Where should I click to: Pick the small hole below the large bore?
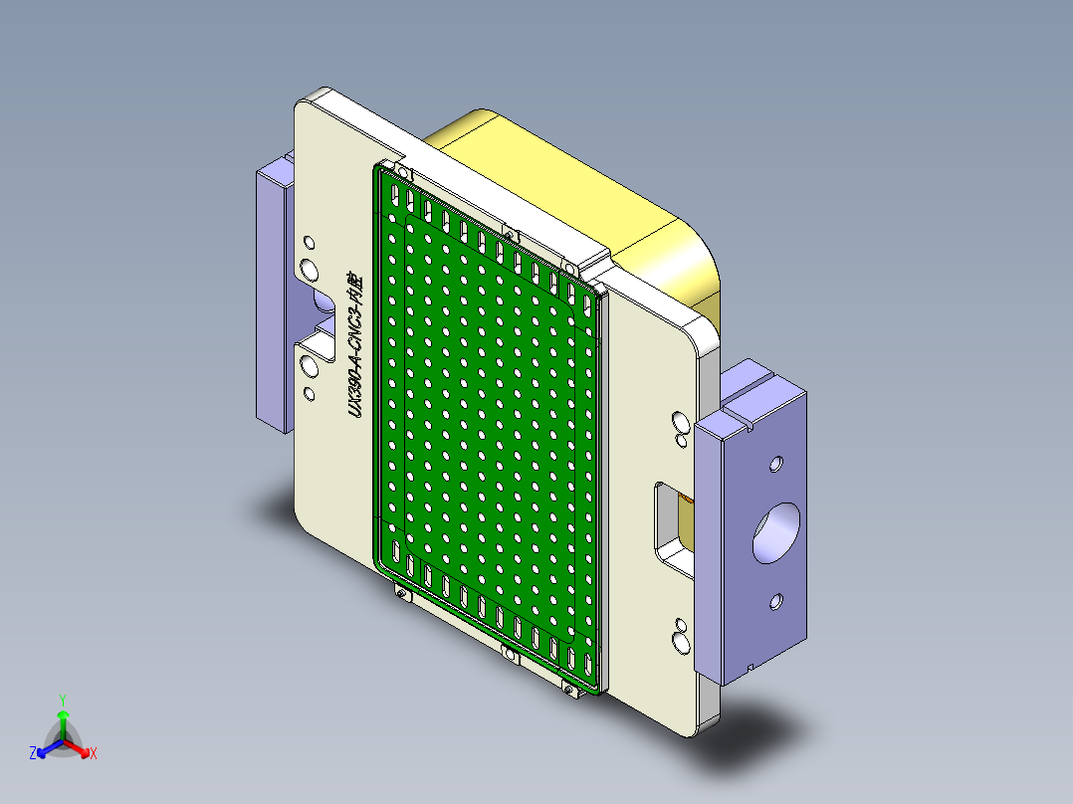tap(776, 601)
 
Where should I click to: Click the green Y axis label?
tap(62, 700)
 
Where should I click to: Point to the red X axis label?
tap(94, 754)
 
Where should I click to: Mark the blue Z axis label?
tap(33, 754)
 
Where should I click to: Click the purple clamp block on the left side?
tap(271, 299)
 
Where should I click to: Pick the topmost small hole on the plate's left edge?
tap(309, 242)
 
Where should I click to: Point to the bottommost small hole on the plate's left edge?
tap(309, 394)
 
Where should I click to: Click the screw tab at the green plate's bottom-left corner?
tap(402, 594)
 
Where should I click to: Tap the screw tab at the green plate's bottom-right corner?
tap(570, 690)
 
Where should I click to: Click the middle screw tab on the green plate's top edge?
tap(510, 234)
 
